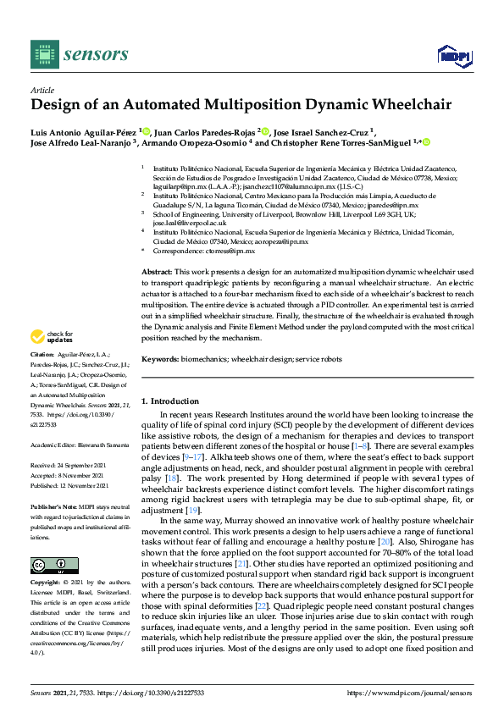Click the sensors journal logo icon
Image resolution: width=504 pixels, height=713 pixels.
click(x=43, y=54)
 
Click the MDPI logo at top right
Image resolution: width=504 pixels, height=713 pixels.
click(x=454, y=55)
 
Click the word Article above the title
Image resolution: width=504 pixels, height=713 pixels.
click(x=42, y=89)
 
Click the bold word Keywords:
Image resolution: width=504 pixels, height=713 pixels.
click(x=160, y=360)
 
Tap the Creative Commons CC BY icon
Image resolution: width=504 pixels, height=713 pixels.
click(x=53, y=566)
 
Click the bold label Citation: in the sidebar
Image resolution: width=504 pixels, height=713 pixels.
click(x=42, y=353)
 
